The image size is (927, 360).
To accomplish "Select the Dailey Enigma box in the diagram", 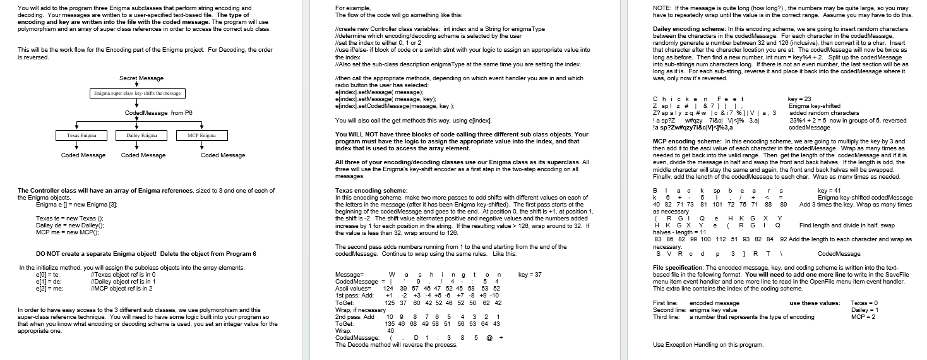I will click(x=141, y=135).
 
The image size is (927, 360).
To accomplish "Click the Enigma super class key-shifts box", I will click(x=137, y=93).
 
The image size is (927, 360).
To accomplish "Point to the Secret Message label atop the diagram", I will click(x=141, y=78).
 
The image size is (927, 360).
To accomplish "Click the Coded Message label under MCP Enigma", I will click(x=223, y=155).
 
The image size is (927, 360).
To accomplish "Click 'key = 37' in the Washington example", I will click(x=529, y=275).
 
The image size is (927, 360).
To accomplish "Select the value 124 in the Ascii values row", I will click(x=389, y=289).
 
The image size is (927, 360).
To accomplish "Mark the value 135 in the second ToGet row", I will click(x=390, y=324).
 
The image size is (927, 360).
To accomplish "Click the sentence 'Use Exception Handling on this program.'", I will click(x=708, y=345).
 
